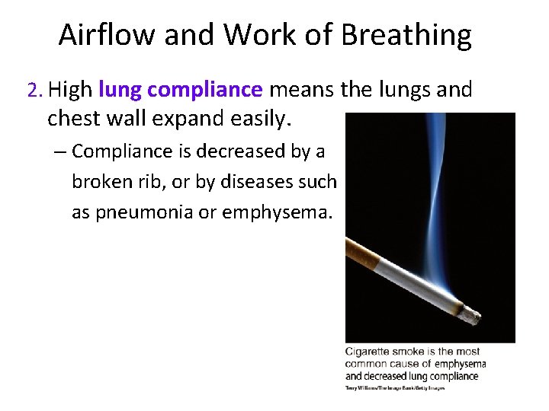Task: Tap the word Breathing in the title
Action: coord(406,36)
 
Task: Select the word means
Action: coord(300,91)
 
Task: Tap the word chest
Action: coord(74,119)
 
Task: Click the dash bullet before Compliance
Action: coord(60,151)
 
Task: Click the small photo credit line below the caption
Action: coord(394,388)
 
